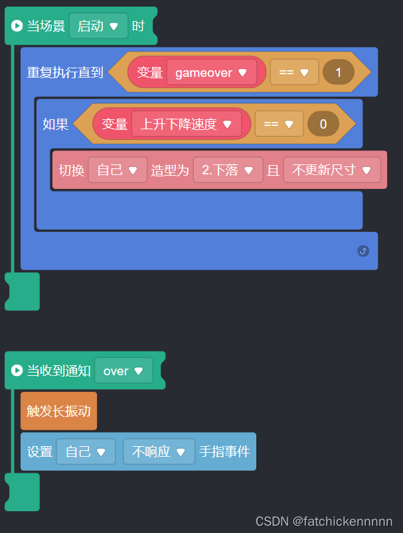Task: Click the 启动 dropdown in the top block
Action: pos(98,27)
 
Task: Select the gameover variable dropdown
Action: pos(211,72)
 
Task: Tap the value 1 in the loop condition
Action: pos(339,72)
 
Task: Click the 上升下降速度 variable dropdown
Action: pos(186,124)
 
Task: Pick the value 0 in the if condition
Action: pos(323,124)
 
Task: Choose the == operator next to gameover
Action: pos(294,72)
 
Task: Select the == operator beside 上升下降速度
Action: pos(279,124)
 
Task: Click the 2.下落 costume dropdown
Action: pos(227,170)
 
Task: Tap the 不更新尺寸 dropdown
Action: pos(332,170)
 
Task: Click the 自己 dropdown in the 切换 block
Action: pos(118,170)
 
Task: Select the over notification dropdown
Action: pos(123,371)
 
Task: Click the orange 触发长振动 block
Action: pos(58,411)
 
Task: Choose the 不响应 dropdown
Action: pos(159,452)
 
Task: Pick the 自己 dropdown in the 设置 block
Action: pos(86,452)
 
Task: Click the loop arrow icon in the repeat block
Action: pos(363,251)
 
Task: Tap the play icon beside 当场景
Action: pos(17,27)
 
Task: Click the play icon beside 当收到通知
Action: pos(17,371)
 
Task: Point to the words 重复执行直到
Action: pos(65,72)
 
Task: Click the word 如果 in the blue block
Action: pos(56,124)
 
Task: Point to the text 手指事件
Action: pos(224,452)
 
